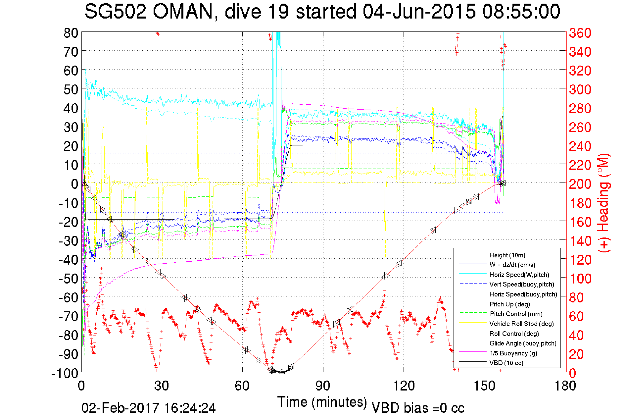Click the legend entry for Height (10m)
point(507,255)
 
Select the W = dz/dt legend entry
point(512,265)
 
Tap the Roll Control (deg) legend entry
point(514,334)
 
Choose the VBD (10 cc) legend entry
point(506,363)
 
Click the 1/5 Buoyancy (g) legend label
point(513,353)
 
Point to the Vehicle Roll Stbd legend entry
point(522,324)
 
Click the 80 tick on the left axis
point(71,33)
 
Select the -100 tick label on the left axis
point(65,373)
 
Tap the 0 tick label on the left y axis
point(74,184)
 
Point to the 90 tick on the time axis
point(323,386)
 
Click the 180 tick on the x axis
point(565,386)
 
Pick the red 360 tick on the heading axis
point(580,33)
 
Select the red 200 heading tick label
point(580,184)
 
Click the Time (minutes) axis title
point(322,402)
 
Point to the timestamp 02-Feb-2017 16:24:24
point(149,408)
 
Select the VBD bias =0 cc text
point(418,408)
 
